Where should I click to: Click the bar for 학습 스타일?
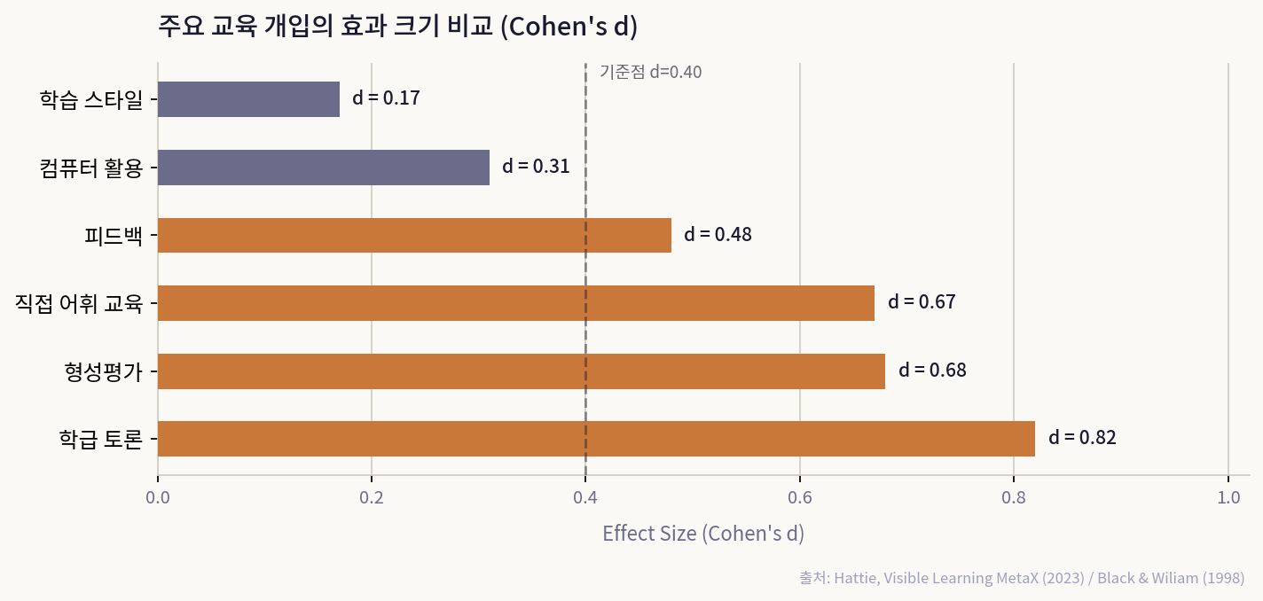click(x=248, y=99)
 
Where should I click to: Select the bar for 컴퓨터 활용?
click(x=324, y=168)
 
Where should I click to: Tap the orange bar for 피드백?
click(x=414, y=235)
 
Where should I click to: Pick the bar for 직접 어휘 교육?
click(x=516, y=303)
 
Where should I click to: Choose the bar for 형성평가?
click(x=522, y=371)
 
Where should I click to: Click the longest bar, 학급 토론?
click(x=596, y=439)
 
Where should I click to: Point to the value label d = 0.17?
click(x=386, y=98)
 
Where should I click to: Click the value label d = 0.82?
click(x=1082, y=438)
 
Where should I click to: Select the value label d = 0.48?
click(x=718, y=235)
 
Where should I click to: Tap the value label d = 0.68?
click(x=932, y=371)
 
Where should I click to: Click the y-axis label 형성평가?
click(x=103, y=371)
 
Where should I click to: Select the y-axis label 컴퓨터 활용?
click(x=91, y=168)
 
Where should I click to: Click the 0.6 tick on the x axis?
click(x=800, y=498)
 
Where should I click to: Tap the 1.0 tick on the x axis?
click(x=1228, y=498)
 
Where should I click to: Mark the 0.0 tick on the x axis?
click(x=158, y=498)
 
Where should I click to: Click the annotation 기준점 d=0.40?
click(x=650, y=73)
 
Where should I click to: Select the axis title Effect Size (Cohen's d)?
click(x=702, y=534)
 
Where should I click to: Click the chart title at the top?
click(x=398, y=27)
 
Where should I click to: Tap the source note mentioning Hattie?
click(x=1021, y=578)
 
